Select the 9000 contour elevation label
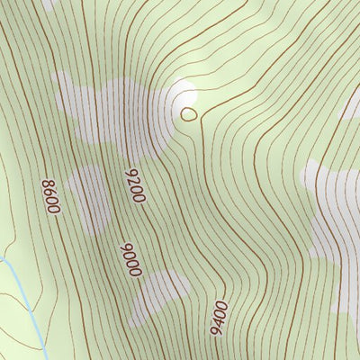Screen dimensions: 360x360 click(x=131, y=258)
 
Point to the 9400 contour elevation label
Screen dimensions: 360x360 click(x=218, y=318)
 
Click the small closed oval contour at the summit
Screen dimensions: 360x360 click(x=188, y=113)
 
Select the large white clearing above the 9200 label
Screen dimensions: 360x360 click(x=103, y=112)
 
